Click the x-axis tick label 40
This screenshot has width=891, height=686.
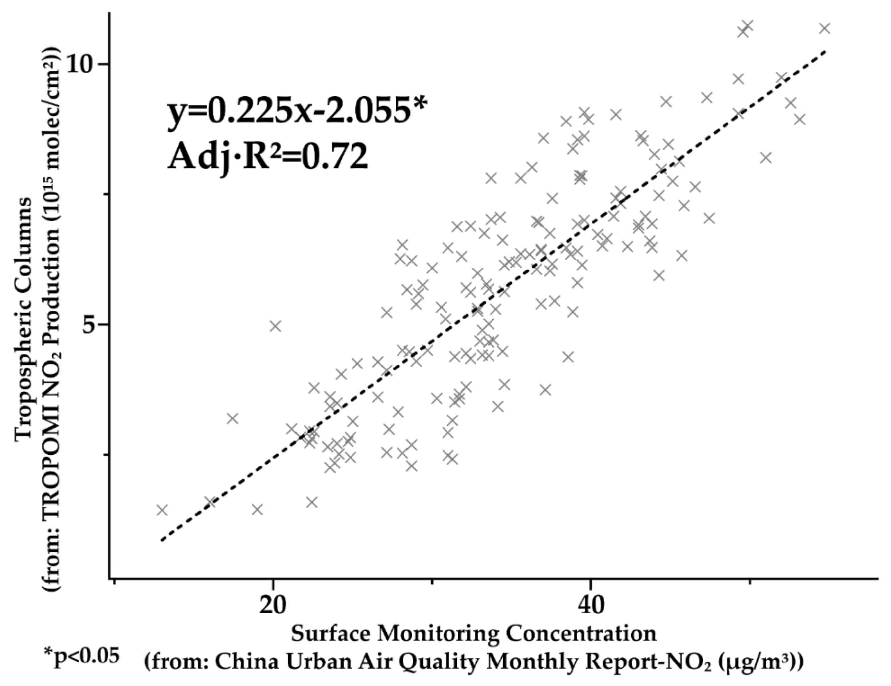(x=590, y=605)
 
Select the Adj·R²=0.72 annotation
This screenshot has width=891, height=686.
(x=268, y=157)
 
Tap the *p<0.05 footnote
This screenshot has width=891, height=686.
(x=82, y=656)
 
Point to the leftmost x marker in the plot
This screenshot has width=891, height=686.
(x=162, y=510)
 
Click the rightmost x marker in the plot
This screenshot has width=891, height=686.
(x=825, y=28)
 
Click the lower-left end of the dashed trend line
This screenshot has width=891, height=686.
(x=162, y=541)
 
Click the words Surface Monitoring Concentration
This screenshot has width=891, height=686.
(x=474, y=634)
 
